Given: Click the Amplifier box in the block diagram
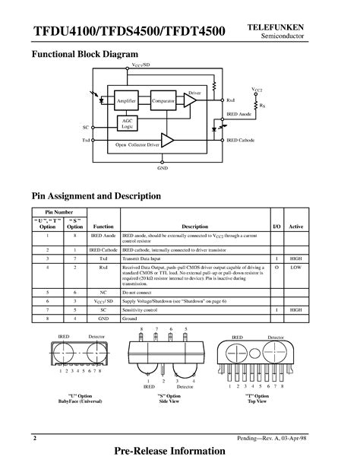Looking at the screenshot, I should pyautogui.click(x=126, y=101).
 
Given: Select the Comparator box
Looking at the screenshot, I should pyautogui.click(x=163, y=101).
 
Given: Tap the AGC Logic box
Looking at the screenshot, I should pyautogui.click(x=128, y=123).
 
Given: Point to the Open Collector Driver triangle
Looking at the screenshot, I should pyautogui.click(x=168, y=141).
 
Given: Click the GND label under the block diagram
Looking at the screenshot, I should pyautogui.click(x=163, y=167).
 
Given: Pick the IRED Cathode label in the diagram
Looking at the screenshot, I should pyautogui.click(x=239, y=141).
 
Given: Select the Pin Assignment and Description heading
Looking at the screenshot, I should pyautogui.click(x=96, y=196).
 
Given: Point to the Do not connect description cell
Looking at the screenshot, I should pyautogui.click(x=139, y=292).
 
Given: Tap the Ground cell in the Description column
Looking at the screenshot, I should pyautogui.click(x=132, y=319).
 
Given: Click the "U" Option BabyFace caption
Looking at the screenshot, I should pyautogui.click(x=81, y=399).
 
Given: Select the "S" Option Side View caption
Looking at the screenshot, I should pyautogui.click(x=168, y=399).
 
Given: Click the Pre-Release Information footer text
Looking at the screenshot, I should pyautogui.click(x=179, y=452).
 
